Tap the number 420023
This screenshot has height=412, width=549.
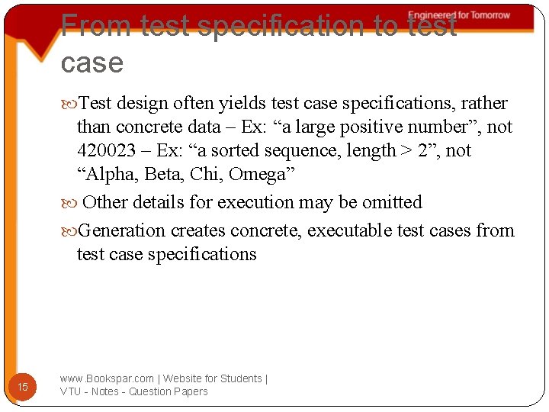(x=104, y=150)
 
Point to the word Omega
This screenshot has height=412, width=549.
(x=256, y=174)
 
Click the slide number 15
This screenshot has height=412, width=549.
(x=23, y=387)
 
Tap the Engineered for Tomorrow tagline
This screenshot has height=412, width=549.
(x=459, y=15)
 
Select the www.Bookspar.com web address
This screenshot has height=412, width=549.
(x=107, y=378)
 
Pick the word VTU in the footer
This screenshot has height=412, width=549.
(x=72, y=391)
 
